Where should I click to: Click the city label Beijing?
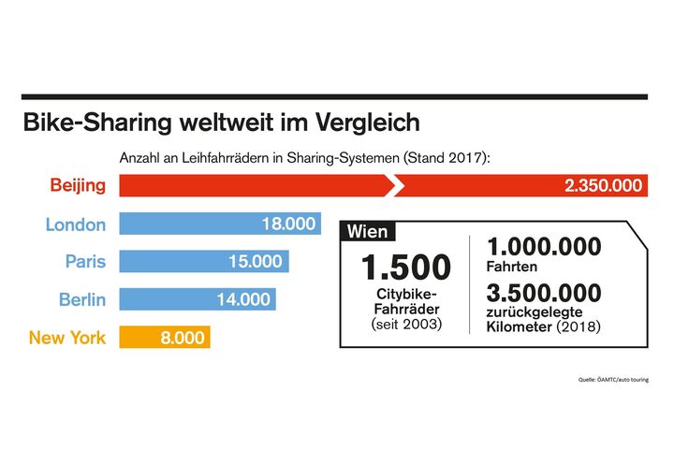click(78, 185)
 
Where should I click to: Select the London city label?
click(76, 224)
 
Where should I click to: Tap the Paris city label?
click(85, 262)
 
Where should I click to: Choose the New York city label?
click(67, 338)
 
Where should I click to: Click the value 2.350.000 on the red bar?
click(604, 185)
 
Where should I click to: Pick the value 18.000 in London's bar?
click(286, 224)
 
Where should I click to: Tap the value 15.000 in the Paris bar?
click(255, 262)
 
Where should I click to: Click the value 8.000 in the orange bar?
click(182, 338)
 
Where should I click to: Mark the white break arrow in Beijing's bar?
click(397, 185)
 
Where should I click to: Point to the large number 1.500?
click(406, 268)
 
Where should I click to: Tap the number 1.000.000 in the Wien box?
click(544, 246)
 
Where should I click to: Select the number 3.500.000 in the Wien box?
click(544, 293)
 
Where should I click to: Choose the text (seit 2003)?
click(406, 324)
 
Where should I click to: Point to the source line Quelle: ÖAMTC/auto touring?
click(612, 380)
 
